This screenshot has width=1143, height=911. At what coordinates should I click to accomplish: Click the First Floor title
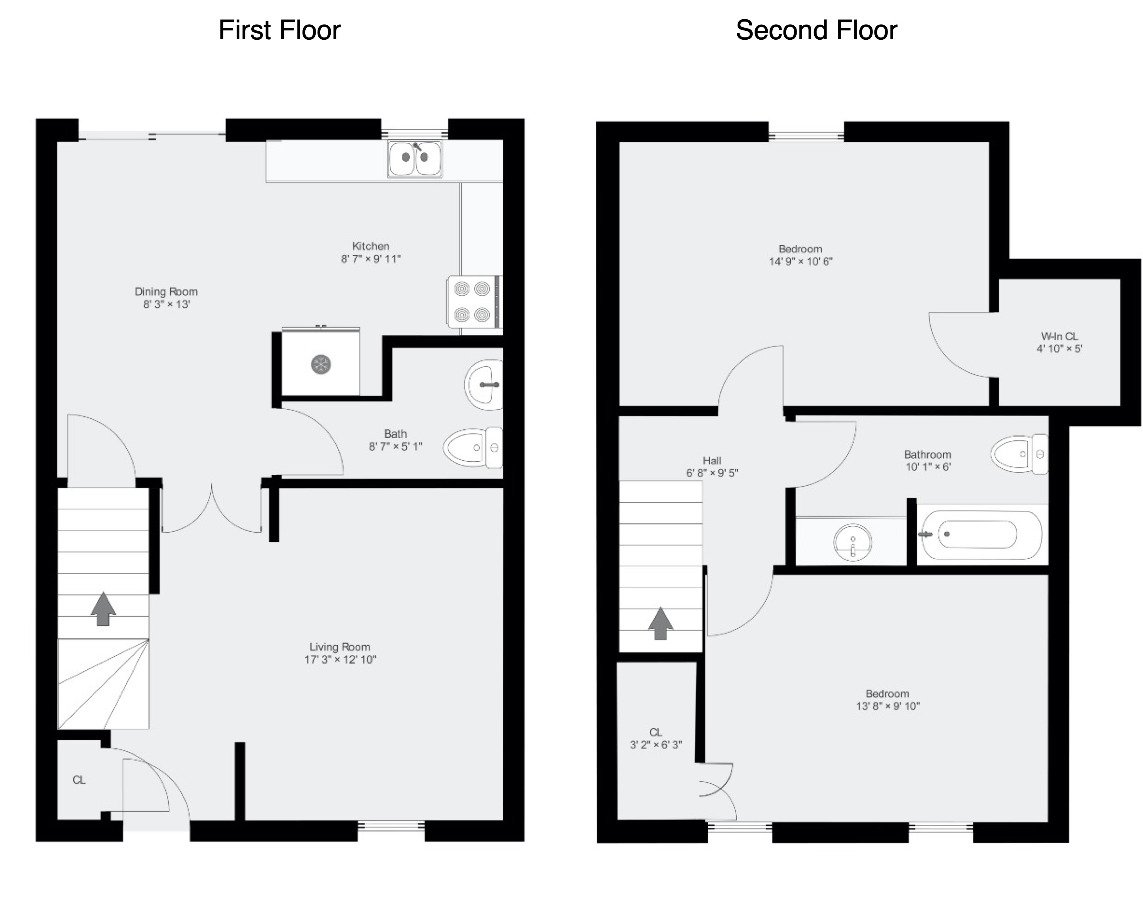tap(279, 30)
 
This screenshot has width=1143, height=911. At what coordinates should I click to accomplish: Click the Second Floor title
tap(817, 30)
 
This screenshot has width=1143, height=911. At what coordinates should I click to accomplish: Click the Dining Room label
tap(166, 292)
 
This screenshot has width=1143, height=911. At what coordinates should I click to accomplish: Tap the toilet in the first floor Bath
tap(473, 447)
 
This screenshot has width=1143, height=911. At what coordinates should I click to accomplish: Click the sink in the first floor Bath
tap(484, 385)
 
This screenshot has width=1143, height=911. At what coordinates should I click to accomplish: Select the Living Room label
tap(340, 647)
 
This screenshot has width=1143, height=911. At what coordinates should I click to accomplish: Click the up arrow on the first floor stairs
tap(103, 609)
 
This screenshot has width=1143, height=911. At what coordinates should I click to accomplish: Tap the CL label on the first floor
tap(79, 780)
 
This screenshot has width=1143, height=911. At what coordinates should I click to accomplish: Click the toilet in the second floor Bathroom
tap(1019, 454)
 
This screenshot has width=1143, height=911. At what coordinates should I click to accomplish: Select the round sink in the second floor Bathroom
tap(852, 542)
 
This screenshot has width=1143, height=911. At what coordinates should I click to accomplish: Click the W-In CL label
tap(1059, 336)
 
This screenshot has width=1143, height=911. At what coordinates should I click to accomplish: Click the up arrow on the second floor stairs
tap(661, 623)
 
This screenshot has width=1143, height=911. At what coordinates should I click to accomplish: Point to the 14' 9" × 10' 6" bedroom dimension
tap(800, 261)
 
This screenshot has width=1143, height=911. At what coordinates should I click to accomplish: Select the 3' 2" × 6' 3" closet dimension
tap(656, 745)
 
